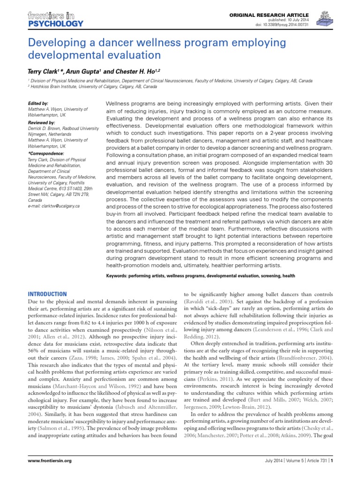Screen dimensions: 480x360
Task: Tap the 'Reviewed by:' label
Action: [x=41, y=122]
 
